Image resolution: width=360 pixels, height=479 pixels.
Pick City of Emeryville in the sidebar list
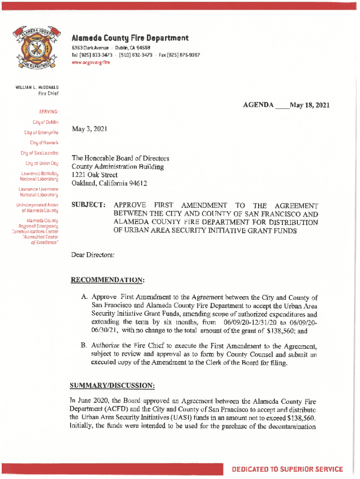coord(41,132)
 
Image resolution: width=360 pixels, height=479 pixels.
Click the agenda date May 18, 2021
coord(310,105)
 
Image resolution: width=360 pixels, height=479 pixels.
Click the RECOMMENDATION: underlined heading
coord(107,280)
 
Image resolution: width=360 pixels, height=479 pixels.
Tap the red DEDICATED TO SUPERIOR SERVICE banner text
coord(288,469)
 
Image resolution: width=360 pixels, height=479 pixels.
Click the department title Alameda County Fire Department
coord(130,38)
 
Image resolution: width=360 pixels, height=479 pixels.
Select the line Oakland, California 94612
coord(109,183)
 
